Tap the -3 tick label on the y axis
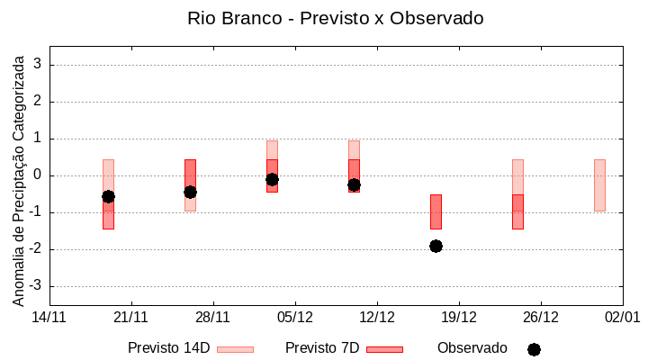click(x=36, y=286)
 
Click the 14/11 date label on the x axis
click(x=49, y=317)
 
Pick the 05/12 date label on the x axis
click(x=295, y=317)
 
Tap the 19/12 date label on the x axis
click(x=459, y=317)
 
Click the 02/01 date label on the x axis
click(x=622, y=317)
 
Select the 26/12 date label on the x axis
click(x=541, y=317)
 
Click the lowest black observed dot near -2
click(x=436, y=246)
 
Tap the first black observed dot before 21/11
click(x=108, y=196)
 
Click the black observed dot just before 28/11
click(x=190, y=192)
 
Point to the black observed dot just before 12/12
click(x=354, y=184)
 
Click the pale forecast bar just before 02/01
click(x=599, y=184)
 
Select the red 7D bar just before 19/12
click(x=436, y=211)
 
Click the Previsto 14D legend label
click(x=168, y=347)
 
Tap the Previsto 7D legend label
click(x=322, y=347)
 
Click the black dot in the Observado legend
click(x=534, y=349)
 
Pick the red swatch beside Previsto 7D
click(x=384, y=348)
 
